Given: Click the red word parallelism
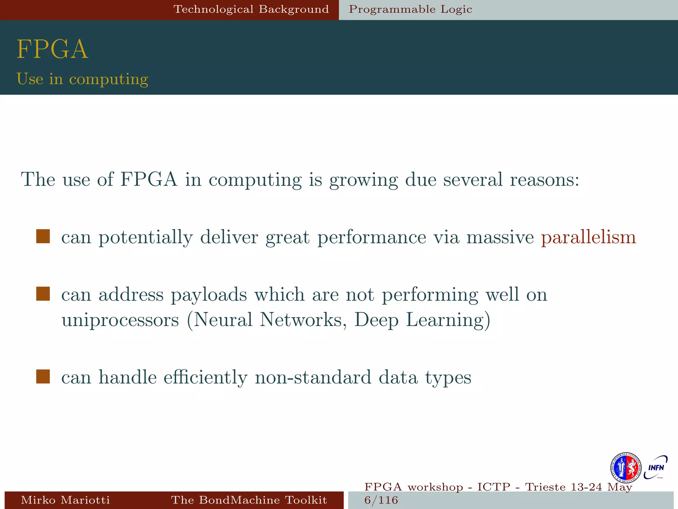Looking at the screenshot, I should coord(588,237).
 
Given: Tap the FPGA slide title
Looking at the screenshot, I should coord(52,49).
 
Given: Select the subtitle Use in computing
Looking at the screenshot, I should coord(82,79).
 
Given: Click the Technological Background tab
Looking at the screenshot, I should coord(251,9).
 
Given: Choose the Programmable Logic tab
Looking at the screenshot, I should coord(410,9).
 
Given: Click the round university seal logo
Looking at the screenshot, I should coord(626,468).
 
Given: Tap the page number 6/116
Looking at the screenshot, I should coord(381,500).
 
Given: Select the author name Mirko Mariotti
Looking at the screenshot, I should coord(65,500).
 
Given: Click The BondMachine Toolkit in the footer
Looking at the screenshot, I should coord(249,500).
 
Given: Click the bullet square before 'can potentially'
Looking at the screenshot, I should coord(43,237).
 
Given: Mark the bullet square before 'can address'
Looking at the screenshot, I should coord(43,294).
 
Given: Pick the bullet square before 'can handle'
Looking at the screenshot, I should coord(43,377).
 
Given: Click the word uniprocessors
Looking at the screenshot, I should coord(120,320).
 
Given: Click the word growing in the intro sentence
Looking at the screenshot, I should coord(363,180).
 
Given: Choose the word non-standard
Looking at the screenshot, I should coord(313,377).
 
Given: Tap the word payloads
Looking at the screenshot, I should coord(209,295).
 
